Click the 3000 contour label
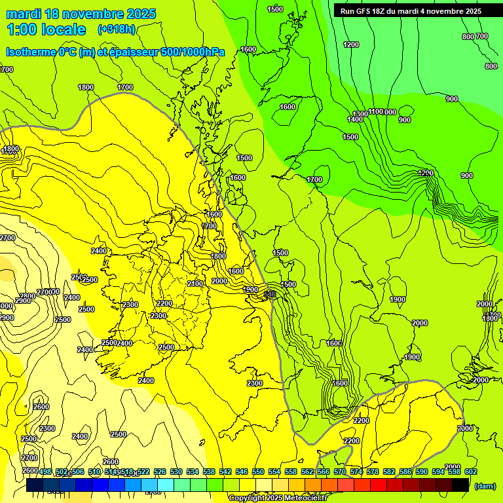464,428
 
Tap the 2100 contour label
195,284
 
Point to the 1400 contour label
354,120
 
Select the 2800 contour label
27,297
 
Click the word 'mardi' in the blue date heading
22,14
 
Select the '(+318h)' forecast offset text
116,29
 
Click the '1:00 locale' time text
46,29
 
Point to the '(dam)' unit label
484,485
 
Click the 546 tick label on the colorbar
242,472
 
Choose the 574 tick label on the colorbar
356,472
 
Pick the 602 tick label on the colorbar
471,472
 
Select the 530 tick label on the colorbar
176,472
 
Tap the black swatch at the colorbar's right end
460,485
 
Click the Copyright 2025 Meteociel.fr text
277,498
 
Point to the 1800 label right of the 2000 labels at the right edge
491,318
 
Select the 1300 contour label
360,114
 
